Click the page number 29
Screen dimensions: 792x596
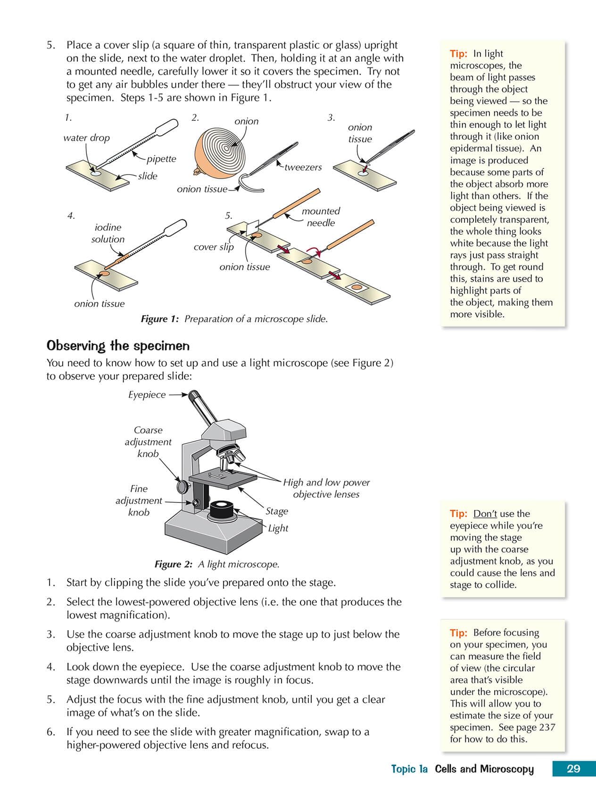click(x=573, y=769)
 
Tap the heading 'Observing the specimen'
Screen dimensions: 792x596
click(x=118, y=346)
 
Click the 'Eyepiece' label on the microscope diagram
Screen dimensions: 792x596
click(x=147, y=395)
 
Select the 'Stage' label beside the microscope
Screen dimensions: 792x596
click(x=277, y=511)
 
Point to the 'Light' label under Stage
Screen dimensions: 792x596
click(x=278, y=528)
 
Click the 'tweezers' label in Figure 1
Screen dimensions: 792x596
click(x=303, y=167)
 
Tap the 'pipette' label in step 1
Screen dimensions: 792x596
click(x=161, y=159)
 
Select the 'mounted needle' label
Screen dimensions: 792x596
click(x=321, y=217)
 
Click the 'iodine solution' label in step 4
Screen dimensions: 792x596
click(x=108, y=233)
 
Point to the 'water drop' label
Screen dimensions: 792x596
click(x=86, y=138)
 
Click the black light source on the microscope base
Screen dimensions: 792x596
click(x=221, y=510)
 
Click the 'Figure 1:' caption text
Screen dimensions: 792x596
click(x=160, y=319)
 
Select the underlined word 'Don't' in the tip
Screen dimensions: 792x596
click(x=485, y=514)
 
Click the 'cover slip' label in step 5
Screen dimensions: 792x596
click(x=214, y=247)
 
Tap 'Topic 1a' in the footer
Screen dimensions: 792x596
click(x=409, y=769)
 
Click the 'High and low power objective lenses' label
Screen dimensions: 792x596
click(x=326, y=488)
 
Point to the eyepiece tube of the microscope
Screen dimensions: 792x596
click(x=201, y=406)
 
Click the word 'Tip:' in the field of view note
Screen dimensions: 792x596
click(x=458, y=633)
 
